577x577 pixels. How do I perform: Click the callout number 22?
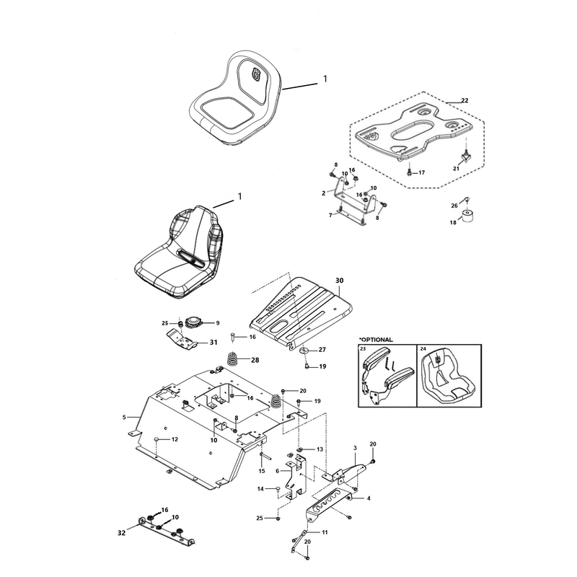click(x=464, y=100)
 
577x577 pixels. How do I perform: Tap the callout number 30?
click(x=339, y=281)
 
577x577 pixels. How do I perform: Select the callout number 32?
click(x=121, y=532)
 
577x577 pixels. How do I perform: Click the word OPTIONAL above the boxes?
click(x=376, y=340)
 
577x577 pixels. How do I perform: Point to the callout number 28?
click(x=255, y=360)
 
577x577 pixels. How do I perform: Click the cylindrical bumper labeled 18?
click(x=467, y=215)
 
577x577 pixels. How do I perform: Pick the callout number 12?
click(x=175, y=439)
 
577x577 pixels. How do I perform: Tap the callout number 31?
click(x=213, y=342)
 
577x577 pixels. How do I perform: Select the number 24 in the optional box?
click(x=423, y=348)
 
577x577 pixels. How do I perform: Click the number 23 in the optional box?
click(x=364, y=348)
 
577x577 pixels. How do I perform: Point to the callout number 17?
click(x=421, y=172)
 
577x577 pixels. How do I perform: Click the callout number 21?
click(x=457, y=169)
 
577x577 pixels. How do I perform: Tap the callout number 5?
click(x=124, y=417)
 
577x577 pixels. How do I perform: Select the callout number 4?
click(x=369, y=498)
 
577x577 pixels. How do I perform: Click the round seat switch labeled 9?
click(x=193, y=322)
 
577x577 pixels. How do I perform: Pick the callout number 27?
click(x=322, y=350)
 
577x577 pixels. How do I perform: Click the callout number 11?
click(x=325, y=532)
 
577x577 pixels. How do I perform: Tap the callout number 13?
click(x=320, y=449)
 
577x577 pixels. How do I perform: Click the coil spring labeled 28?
click(x=232, y=358)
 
